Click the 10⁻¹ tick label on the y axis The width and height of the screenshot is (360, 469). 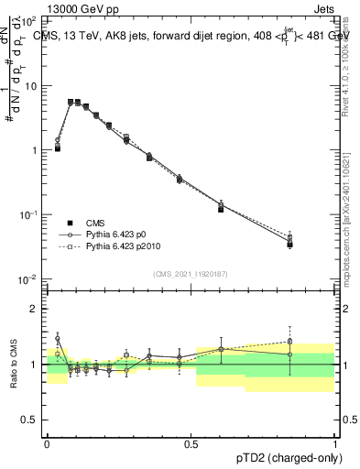(x=29, y=214)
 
